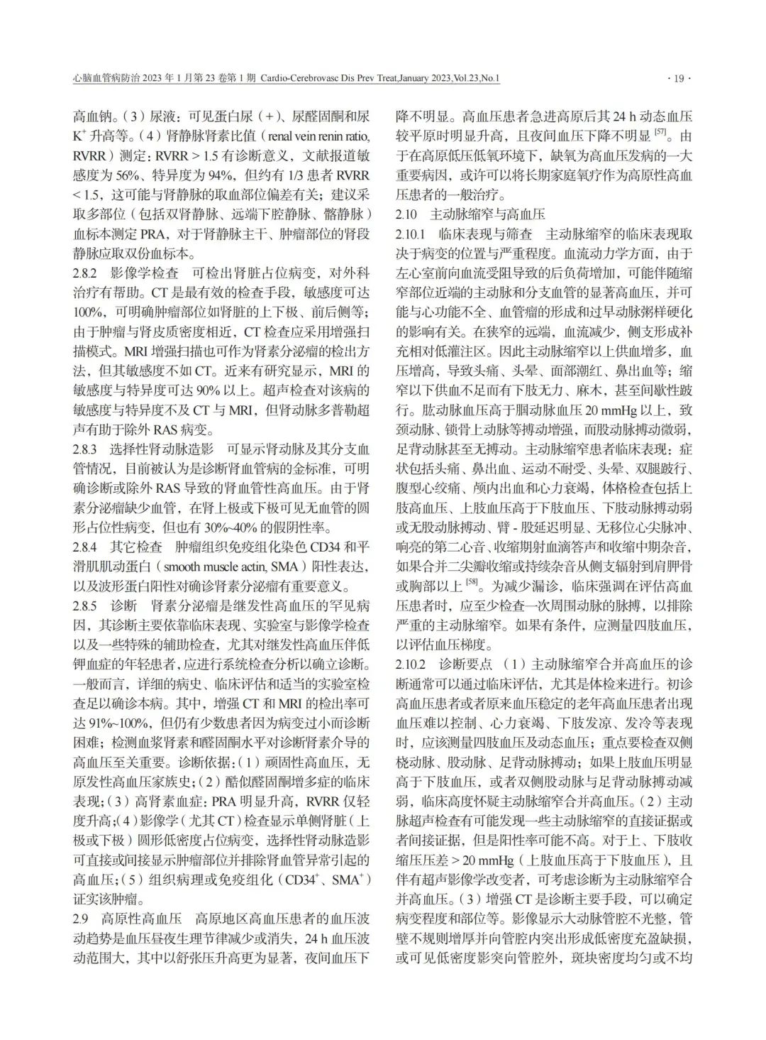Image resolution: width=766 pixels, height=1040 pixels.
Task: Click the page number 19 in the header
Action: coord(679,79)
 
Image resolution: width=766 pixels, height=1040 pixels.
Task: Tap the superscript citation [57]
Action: coord(660,132)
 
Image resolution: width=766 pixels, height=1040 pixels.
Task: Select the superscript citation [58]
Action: coord(470,584)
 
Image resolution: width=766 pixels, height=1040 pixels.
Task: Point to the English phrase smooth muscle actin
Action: coord(209,568)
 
